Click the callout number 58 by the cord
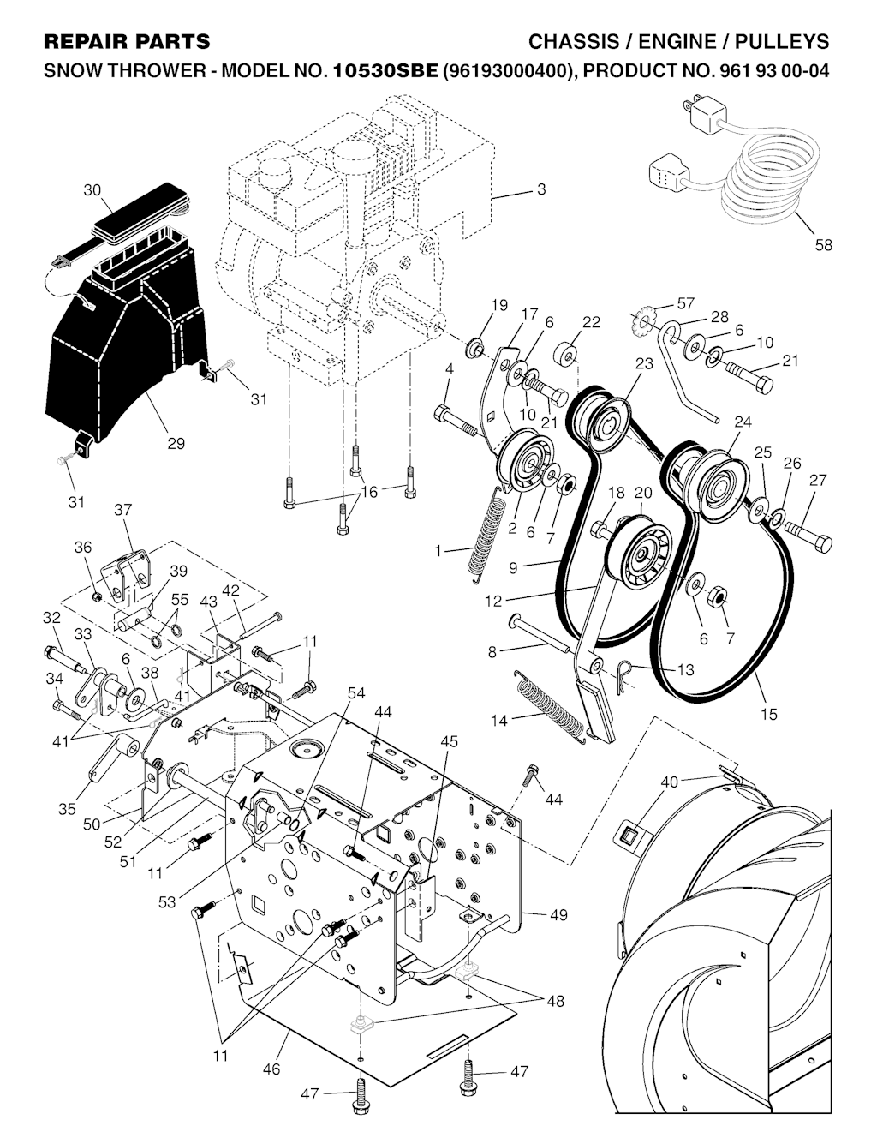[x=823, y=245]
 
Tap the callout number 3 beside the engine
[x=541, y=189]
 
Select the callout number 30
[x=92, y=190]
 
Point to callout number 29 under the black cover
[x=176, y=444]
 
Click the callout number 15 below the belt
[x=769, y=713]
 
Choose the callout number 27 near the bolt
[x=818, y=480]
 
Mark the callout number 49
[x=558, y=915]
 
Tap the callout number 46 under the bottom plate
[x=271, y=1069]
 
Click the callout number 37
[x=123, y=510]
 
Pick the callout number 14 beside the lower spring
[x=499, y=720]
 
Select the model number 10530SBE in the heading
[x=385, y=72]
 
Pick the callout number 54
[x=356, y=692]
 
